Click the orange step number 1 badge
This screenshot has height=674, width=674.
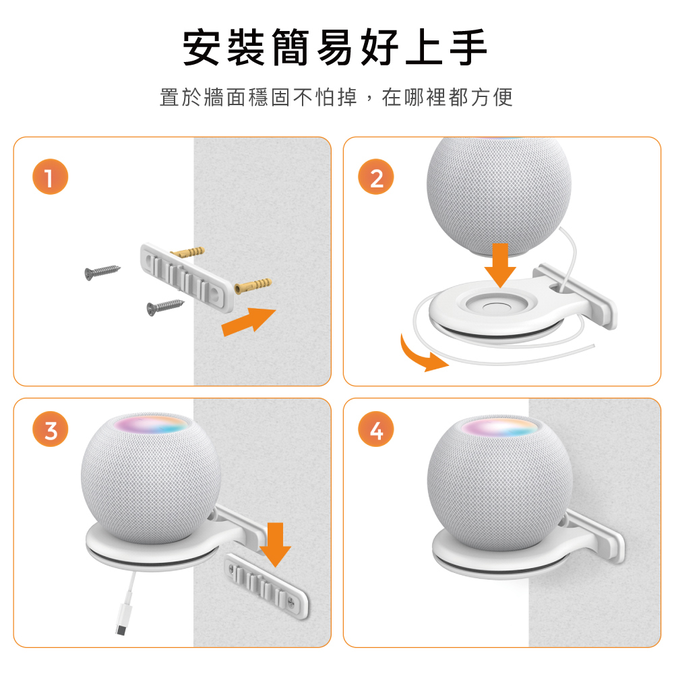click(x=51, y=177)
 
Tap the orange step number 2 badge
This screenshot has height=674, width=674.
click(x=376, y=177)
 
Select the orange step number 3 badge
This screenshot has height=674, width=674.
click(x=51, y=429)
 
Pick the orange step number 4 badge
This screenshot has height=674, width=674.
click(x=376, y=429)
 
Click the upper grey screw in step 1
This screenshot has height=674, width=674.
click(x=102, y=272)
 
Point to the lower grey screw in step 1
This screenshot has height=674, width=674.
click(x=165, y=307)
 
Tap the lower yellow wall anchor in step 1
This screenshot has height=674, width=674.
click(x=253, y=286)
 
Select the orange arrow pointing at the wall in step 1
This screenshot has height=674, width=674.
click(x=249, y=321)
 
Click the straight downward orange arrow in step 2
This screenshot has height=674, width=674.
click(x=500, y=265)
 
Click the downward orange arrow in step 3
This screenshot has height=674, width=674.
click(x=276, y=545)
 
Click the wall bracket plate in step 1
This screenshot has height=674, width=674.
click(x=187, y=277)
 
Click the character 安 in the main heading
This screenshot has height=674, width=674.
click(x=202, y=47)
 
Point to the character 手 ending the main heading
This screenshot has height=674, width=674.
click(x=468, y=47)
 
